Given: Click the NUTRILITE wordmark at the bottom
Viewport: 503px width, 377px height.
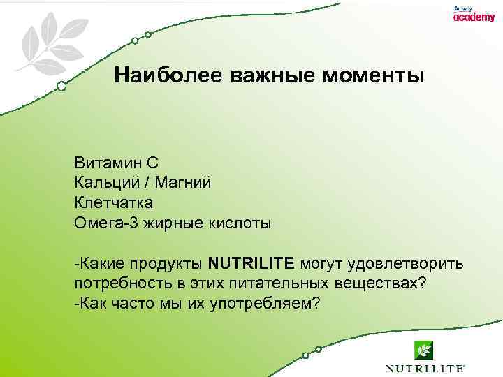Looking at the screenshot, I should point(425,368).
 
